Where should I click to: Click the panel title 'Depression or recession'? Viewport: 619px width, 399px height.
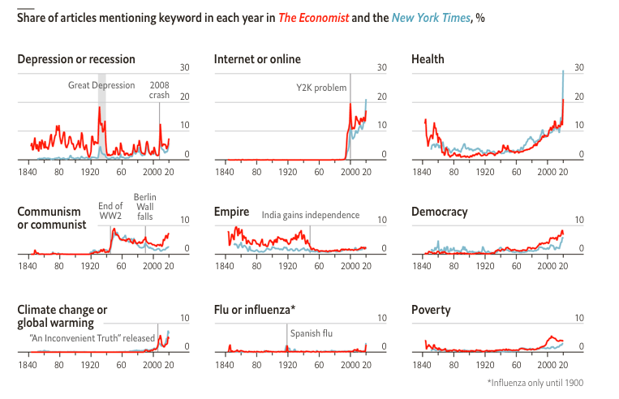pos(76,59)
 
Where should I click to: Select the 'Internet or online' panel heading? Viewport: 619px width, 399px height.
pos(257,59)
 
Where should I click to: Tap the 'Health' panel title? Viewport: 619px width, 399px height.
pos(428,59)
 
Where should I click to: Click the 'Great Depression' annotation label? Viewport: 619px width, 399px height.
pos(101,85)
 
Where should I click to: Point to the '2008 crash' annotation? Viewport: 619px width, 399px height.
pos(160,90)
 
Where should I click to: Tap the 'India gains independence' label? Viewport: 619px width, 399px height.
pos(310,216)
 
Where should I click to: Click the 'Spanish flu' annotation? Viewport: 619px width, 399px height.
pos(312,332)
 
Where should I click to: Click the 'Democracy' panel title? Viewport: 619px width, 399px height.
pos(439,212)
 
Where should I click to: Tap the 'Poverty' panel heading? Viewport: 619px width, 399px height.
pos(431,311)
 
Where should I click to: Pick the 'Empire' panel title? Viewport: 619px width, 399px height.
pos(231,212)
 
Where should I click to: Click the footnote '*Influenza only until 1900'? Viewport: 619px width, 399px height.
pos(535,383)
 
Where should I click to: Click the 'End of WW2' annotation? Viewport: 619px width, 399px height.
pos(111,211)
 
